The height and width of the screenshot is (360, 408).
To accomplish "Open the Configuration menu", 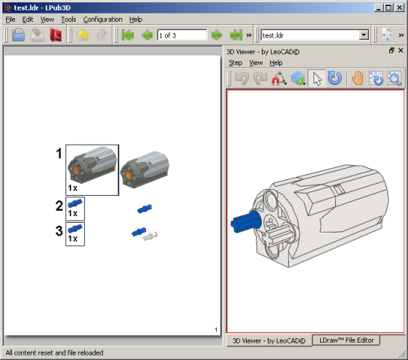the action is coord(103,19).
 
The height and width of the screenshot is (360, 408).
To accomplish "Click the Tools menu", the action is coord(68,19).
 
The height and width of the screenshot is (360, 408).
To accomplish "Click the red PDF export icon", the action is coord(56,34).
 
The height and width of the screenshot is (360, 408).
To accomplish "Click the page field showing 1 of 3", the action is coord(182,35).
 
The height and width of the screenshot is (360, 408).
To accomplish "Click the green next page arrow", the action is coord(217,34).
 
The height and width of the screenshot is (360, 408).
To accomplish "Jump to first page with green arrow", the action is coord(127,34).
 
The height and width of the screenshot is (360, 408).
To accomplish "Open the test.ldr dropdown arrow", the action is coord(364,34).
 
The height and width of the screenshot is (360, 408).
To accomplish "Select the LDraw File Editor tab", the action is coord(346,340).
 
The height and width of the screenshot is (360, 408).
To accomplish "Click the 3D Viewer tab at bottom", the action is coord(268,340).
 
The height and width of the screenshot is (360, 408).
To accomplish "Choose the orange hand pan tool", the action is coord(358,78).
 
